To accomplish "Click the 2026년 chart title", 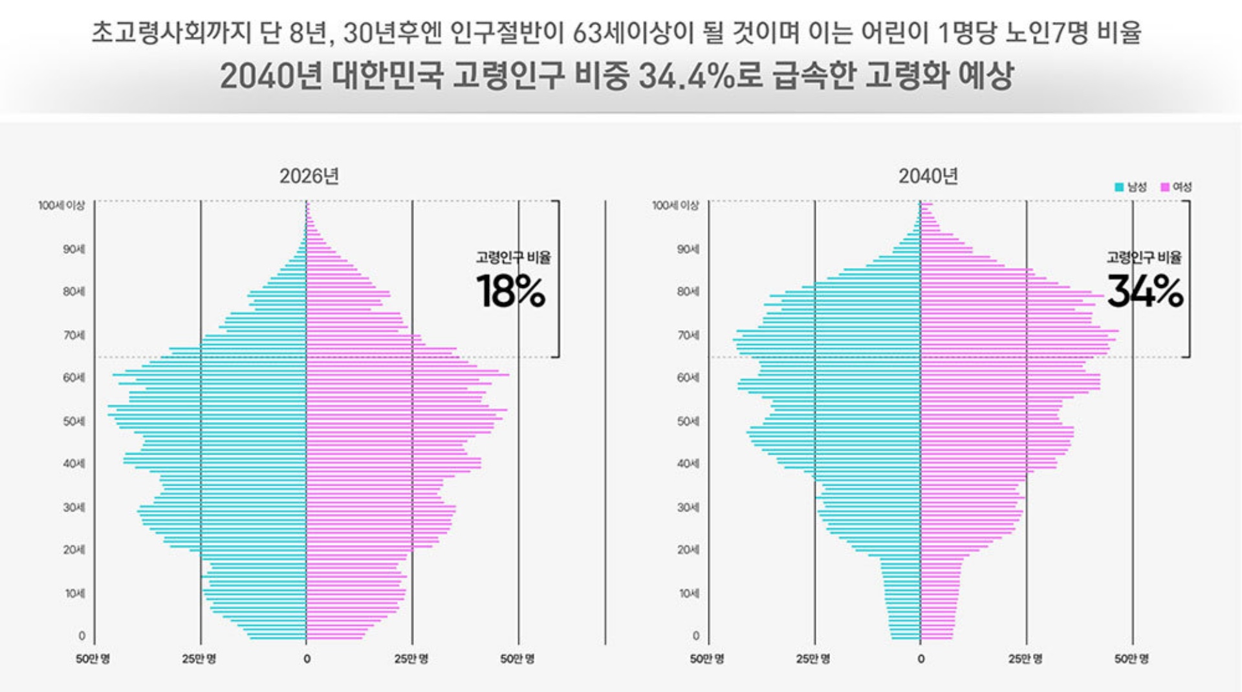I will pos(309,176).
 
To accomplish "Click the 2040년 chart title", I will pos(928,176).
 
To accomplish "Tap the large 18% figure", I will pos(511,292).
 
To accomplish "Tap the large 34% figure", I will pos(1145,292).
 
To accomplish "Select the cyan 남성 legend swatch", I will pos(1119,187).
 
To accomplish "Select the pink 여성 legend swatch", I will pos(1165,187).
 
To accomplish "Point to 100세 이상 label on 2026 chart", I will pos(61,205).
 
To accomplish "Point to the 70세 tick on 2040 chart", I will pos(688,335).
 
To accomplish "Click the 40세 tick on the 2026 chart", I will pos(74,463).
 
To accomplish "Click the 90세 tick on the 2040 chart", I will pos(688,249).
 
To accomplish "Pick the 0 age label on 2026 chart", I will pos(82,636).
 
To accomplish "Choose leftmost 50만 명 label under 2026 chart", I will pos(93,659).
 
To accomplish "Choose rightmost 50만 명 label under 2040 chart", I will pos(1131,659).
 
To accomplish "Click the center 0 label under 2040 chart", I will pos(921,659).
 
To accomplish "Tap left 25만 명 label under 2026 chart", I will pos(199,659).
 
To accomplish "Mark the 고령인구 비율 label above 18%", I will pos(513,258).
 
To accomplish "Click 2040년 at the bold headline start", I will pos(270,76).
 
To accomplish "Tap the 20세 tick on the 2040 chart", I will pos(688,550).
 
